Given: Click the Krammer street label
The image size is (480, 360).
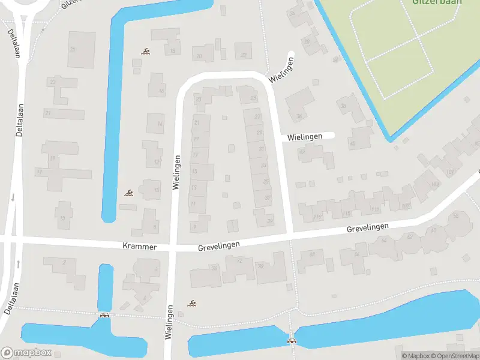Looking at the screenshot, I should pyautogui.click(x=139, y=247).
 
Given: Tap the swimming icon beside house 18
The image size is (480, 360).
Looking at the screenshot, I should pyautogui.click(x=145, y=52).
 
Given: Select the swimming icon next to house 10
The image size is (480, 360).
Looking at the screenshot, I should pyautogui.click(x=128, y=193).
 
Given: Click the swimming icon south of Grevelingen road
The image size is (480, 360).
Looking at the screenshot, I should pyautogui.click(x=192, y=303).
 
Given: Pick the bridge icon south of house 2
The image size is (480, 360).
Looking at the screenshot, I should pyautogui.click(x=105, y=315).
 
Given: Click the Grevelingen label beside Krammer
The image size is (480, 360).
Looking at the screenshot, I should pyautogui.click(x=219, y=245).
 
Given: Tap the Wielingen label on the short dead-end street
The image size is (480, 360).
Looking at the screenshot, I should pyautogui.click(x=305, y=137).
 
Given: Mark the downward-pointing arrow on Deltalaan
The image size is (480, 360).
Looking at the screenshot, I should pyautogui.click(x=13, y=197).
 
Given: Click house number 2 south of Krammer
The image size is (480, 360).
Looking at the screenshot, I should pyautogui.click(x=64, y=262).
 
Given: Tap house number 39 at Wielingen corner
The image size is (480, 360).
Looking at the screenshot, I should pyautogui.click(x=269, y=221).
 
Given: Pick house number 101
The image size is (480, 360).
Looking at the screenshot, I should pyautogui.click(x=450, y=172).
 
